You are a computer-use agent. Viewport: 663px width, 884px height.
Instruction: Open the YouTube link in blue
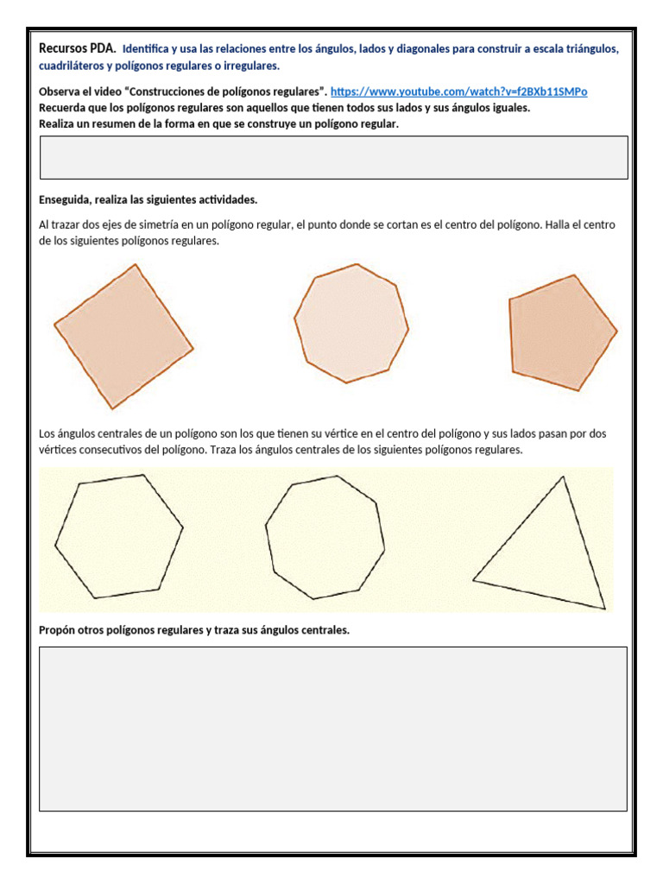pos(458,92)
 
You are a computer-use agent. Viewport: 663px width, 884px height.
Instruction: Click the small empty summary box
pos(333,157)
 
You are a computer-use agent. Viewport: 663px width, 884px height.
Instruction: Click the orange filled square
pos(123,337)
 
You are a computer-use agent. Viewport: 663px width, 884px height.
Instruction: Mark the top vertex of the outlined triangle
pos(564,477)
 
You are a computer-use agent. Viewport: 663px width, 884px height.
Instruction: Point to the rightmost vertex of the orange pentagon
pos(616,330)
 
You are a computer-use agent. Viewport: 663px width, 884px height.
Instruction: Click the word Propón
pos(60,630)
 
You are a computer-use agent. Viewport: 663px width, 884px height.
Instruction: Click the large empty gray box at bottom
pos(333,729)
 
